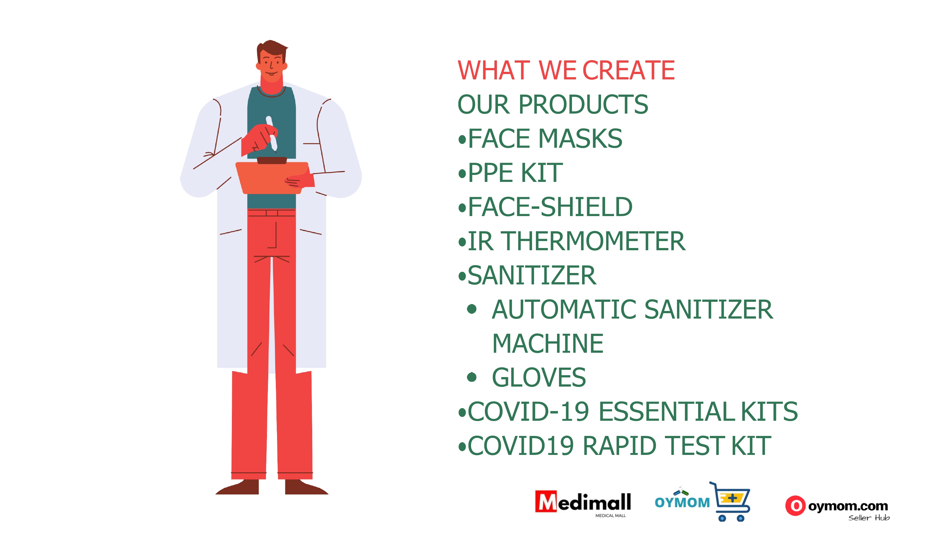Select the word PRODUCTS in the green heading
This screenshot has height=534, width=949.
(583, 104)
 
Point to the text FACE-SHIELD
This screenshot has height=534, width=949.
(550, 207)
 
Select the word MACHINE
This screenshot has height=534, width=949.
(548, 344)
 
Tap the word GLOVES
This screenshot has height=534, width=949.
(539, 377)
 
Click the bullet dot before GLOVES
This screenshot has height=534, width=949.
(472, 377)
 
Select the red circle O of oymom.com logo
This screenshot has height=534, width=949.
(795, 506)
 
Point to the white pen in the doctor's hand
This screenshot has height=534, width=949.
(271, 133)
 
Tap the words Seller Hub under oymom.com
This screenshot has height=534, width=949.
(869, 518)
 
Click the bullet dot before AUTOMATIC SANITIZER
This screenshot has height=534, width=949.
(472, 309)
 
